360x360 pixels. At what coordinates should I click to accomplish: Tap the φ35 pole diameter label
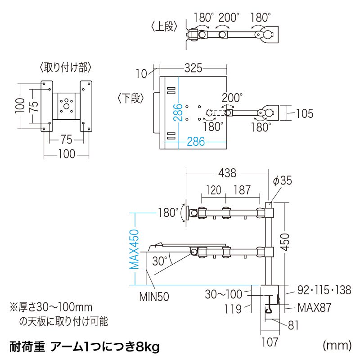click(x=283, y=181)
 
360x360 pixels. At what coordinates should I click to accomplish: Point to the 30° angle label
click(x=159, y=261)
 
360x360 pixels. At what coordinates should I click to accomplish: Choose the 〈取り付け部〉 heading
click(x=66, y=68)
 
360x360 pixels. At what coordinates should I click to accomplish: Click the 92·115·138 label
click(x=324, y=290)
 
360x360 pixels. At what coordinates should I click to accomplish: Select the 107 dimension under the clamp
click(x=270, y=342)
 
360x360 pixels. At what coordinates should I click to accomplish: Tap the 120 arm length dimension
click(x=214, y=190)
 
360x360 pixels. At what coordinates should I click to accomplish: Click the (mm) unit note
click(x=337, y=345)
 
